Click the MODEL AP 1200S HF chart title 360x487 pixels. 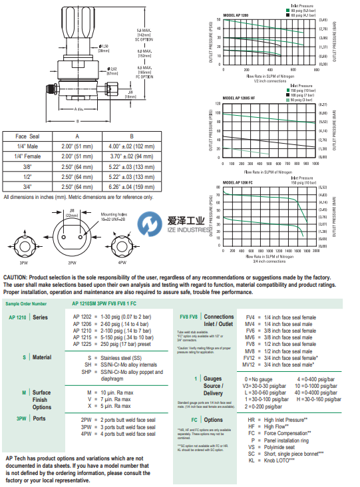241,97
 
